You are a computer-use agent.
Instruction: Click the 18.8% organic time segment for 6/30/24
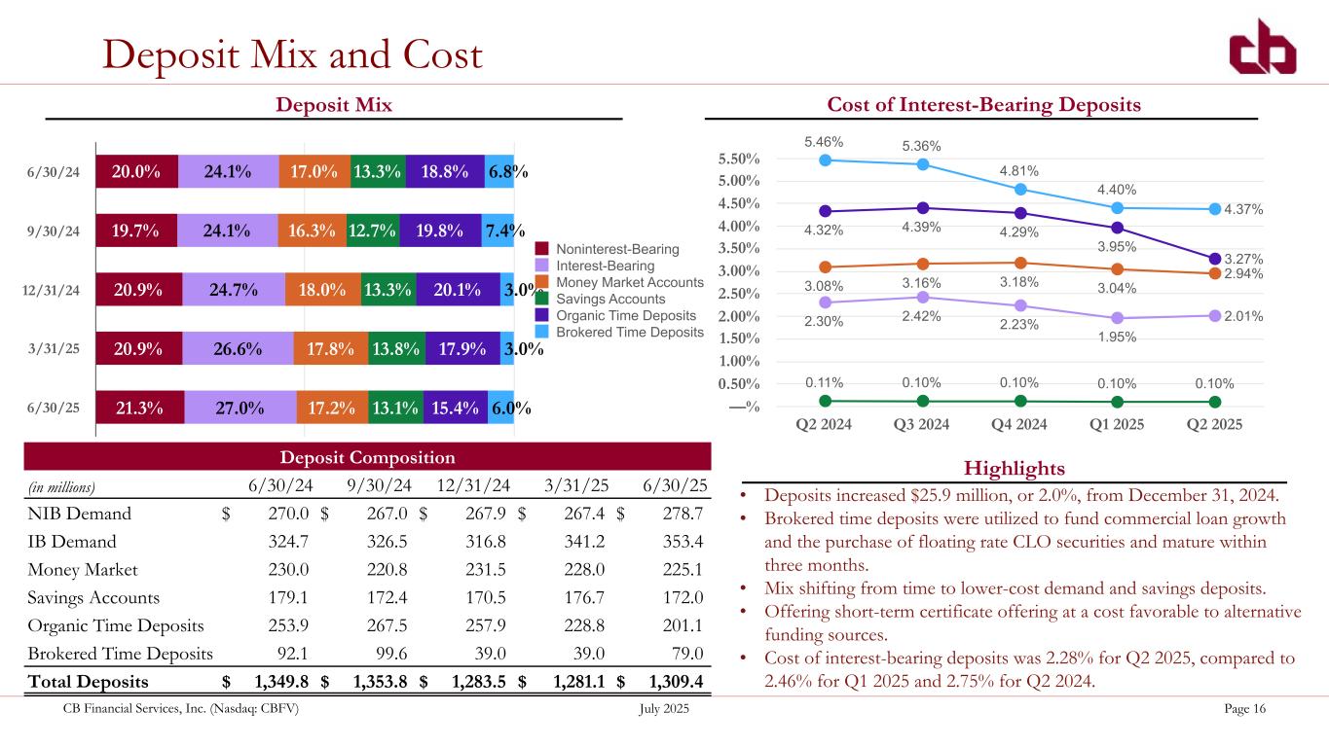pyautogui.click(x=444, y=171)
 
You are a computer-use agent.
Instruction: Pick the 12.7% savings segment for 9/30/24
pyautogui.click(x=373, y=231)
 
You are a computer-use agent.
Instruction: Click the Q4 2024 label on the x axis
pyautogui.click(x=1019, y=424)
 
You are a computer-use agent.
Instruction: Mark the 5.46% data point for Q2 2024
pyautogui.click(x=825, y=160)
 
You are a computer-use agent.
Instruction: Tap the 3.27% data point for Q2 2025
pyautogui.click(x=1215, y=259)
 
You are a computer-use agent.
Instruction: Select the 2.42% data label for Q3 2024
pyautogui.click(x=921, y=317)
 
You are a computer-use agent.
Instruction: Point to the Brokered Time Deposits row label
pyautogui.click(x=117, y=654)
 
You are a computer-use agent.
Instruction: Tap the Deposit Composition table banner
pyautogui.click(x=368, y=457)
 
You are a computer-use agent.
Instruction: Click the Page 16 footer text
pyautogui.click(x=1244, y=709)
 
